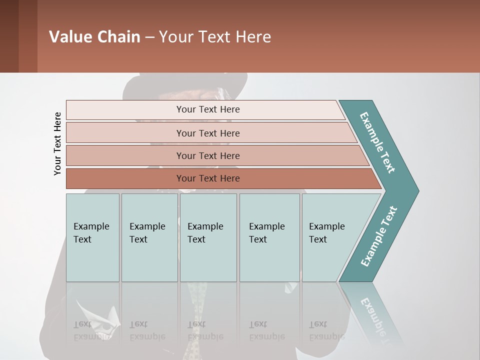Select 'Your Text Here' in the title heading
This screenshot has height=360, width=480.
pos(215,37)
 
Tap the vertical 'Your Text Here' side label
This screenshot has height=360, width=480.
pos(57,143)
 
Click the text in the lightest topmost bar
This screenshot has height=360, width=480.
pos(208,109)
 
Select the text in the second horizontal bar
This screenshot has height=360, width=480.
pos(208,133)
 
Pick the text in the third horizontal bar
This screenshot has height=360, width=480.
pos(208,155)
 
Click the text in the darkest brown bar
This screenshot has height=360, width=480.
pos(208,178)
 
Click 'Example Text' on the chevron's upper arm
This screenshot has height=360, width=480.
pos(378,142)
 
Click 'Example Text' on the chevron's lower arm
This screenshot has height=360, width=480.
pos(379,236)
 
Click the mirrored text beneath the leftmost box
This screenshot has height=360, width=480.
pos(91,330)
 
